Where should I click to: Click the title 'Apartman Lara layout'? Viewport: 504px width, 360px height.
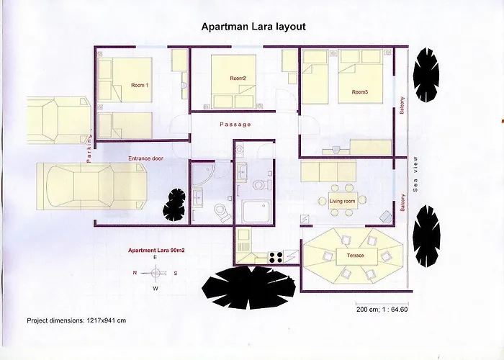[253, 27]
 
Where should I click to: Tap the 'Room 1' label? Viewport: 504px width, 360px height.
[140, 85]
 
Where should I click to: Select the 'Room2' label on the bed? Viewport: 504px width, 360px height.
[238, 78]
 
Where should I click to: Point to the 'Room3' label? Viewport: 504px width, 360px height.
[360, 92]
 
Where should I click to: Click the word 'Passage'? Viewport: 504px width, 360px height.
[235, 125]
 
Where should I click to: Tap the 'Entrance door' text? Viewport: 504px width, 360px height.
[145, 158]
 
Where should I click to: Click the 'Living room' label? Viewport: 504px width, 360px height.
[342, 201]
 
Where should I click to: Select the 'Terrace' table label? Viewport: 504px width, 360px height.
[356, 256]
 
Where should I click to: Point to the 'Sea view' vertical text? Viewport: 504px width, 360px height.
[415, 174]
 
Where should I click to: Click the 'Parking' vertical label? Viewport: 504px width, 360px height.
[89, 148]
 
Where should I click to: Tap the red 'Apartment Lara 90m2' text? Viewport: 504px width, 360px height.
[156, 251]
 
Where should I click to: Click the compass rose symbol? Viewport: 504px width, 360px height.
[156, 273]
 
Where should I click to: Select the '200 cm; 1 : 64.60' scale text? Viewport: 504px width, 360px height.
[382, 309]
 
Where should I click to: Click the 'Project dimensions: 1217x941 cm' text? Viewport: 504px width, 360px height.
[76, 320]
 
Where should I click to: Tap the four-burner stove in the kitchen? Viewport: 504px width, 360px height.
[276, 257]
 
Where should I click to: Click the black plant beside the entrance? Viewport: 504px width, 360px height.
[174, 204]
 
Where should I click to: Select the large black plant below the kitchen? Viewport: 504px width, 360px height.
[249, 287]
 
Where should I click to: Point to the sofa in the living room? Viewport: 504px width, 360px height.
[328, 171]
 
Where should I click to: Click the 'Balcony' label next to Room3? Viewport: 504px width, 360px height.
[402, 105]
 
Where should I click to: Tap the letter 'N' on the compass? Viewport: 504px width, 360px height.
[135, 273]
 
